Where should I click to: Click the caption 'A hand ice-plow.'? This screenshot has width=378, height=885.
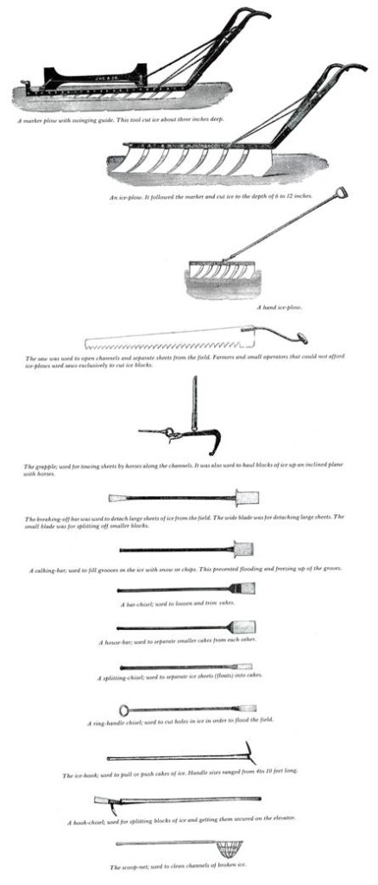(279, 307)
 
